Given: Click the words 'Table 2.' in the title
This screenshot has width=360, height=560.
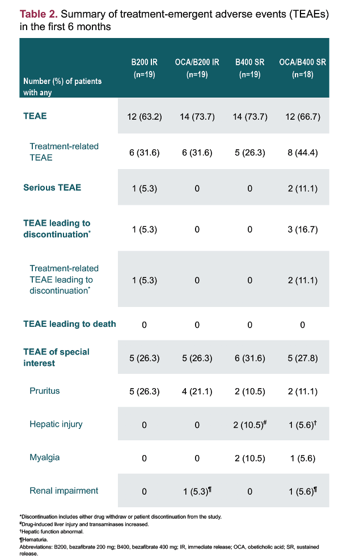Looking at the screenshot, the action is pyautogui.click(x=39, y=14).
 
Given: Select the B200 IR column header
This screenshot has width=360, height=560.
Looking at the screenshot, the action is pyautogui.click(x=144, y=68).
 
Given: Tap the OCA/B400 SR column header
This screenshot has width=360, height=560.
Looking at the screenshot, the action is pyautogui.click(x=303, y=68).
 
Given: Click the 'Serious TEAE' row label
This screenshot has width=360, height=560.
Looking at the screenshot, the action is pyautogui.click(x=52, y=187).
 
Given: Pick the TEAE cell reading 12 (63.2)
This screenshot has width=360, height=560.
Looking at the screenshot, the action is pyautogui.click(x=145, y=117).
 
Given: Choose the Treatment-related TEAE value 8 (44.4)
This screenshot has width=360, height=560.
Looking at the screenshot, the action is pyautogui.click(x=303, y=153).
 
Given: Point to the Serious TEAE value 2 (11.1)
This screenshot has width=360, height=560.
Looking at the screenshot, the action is pyautogui.click(x=303, y=188).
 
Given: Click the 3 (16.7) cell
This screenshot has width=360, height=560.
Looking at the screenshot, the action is pyautogui.click(x=303, y=229).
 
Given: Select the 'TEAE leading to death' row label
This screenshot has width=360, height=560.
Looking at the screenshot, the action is pyautogui.click(x=70, y=324).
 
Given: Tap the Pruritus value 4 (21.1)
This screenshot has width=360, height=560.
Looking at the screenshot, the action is pyautogui.click(x=197, y=391).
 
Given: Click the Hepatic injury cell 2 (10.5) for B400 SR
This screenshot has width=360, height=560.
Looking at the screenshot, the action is pyautogui.click(x=251, y=424).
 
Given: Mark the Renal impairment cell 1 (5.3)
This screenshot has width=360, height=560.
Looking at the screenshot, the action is pyautogui.click(x=197, y=491).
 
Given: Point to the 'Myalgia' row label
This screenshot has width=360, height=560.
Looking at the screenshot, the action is pyautogui.click(x=45, y=457).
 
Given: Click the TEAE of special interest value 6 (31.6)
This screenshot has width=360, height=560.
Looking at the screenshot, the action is pyautogui.click(x=250, y=358).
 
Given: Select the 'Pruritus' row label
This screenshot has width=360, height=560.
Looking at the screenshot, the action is pyautogui.click(x=45, y=391).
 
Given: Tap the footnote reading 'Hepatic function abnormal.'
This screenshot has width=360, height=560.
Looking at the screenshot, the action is pyautogui.click(x=52, y=532).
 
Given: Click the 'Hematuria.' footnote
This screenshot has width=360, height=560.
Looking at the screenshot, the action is pyautogui.click(x=34, y=539).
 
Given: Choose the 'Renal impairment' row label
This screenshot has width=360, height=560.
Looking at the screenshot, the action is pyautogui.click(x=64, y=491).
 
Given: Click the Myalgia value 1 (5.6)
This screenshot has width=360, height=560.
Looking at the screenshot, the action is pyautogui.click(x=303, y=458).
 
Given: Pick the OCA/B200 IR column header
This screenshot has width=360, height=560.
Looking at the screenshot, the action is pyautogui.click(x=197, y=68).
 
